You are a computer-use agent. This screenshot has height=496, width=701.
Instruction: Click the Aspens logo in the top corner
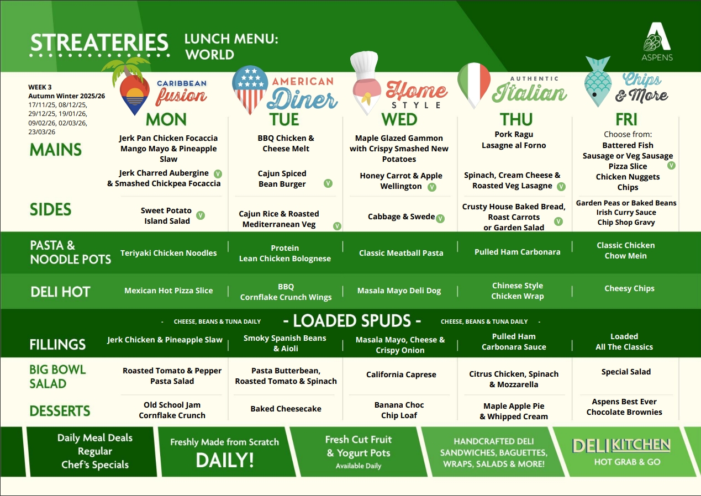pyautogui.click(x=657, y=41)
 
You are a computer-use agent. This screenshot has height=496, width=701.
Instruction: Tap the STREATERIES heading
pyautogui.click(x=99, y=43)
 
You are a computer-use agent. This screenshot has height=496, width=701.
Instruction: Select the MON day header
pyautogui.click(x=166, y=119)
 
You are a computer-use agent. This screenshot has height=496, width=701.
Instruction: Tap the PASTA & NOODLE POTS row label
pyautogui.click(x=70, y=252)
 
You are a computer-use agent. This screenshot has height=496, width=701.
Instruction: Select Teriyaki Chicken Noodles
pyautogui.click(x=168, y=253)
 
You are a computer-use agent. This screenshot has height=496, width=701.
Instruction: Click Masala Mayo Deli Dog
pyautogui.click(x=399, y=291)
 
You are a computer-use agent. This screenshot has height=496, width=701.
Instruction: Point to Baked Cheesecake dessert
pyautogui.click(x=286, y=409)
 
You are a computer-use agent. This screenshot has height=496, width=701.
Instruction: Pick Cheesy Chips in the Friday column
pyautogui.click(x=629, y=288)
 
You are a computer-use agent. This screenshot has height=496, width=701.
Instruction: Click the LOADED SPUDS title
pyautogui.click(x=351, y=321)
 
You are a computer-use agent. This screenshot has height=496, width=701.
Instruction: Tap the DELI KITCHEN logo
pyautogui.click(x=621, y=445)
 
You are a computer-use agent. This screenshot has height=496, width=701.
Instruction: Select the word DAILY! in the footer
pyautogui.click(x=225, y=459)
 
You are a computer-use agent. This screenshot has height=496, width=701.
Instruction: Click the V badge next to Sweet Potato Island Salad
pyautogui.click(x=201, y=215)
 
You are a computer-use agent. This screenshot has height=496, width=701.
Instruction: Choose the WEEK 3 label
pyautogui.click(x=40, y=87)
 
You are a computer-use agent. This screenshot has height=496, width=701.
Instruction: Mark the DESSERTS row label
pyautogui.click(x=60, y=411)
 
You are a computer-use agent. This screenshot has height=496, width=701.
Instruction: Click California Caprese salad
pyautogui.click(x=401, y=374)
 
